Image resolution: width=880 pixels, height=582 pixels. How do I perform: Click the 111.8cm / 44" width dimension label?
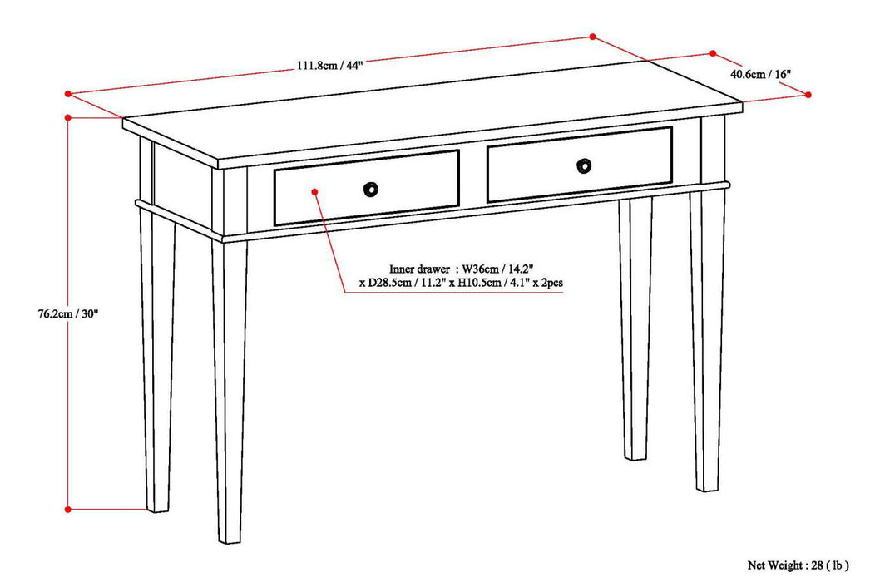pyautogui.click(x=330, y=67)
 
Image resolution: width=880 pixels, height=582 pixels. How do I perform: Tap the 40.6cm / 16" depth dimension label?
pyautogui.click(x=760, y=73)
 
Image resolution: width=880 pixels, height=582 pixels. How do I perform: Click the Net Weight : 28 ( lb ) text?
pyautogui.click(x=797, y=565)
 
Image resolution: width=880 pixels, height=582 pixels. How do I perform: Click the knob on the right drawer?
pyautogui.click(x=585, y=165)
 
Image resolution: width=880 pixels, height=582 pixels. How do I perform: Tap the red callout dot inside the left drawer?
pyautogui.click(x=315, y=191)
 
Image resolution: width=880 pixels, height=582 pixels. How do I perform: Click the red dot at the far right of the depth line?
pyautogui.click(x=808, y=96)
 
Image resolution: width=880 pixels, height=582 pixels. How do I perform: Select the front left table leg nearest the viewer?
pyautogui.click(x=229, y=391)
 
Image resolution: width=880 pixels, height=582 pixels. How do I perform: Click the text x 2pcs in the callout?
pyautogui.click(x=546, y=284)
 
